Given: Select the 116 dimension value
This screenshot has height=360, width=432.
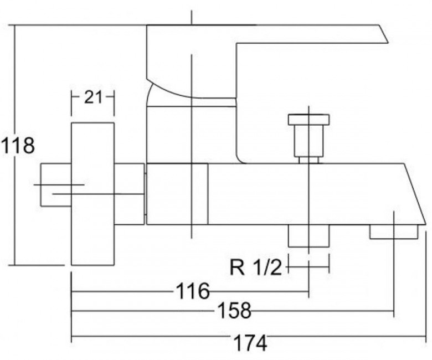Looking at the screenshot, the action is pos(193,291).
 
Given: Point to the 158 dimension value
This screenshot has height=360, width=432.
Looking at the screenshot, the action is pos(234,310).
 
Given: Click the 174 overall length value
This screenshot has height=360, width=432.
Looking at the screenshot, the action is pos(250,343).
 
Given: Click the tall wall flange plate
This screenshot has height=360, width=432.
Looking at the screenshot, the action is pos(93,194).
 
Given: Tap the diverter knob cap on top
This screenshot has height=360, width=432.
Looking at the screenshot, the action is pos(308,120).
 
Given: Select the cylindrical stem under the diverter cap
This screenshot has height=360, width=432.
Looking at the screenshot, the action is pos(308,141).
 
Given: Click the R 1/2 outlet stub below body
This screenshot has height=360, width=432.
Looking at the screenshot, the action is pos(308,236).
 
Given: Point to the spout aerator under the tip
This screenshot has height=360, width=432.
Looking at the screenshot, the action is pos(393,232).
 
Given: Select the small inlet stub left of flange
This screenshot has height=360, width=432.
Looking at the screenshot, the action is pos(56,185).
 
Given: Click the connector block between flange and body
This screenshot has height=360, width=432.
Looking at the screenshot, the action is pos(129,194).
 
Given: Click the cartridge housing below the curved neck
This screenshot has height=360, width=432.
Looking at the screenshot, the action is pos(191,135).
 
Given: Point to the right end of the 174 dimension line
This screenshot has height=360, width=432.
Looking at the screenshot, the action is pos(426,336).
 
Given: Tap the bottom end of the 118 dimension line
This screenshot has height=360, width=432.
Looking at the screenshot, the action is pos(15,265).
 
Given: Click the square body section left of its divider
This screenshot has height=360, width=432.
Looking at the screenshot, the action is pos(177,194).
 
